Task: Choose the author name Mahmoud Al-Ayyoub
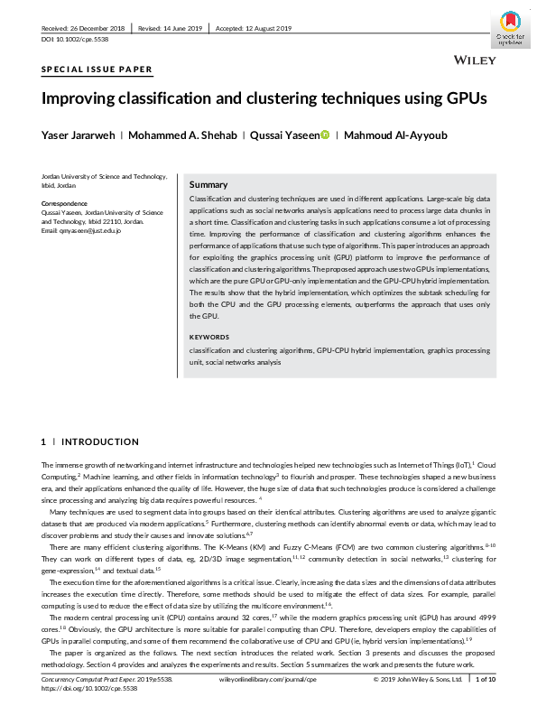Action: pos(397,135)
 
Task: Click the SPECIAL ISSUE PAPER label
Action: pos(97,70)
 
